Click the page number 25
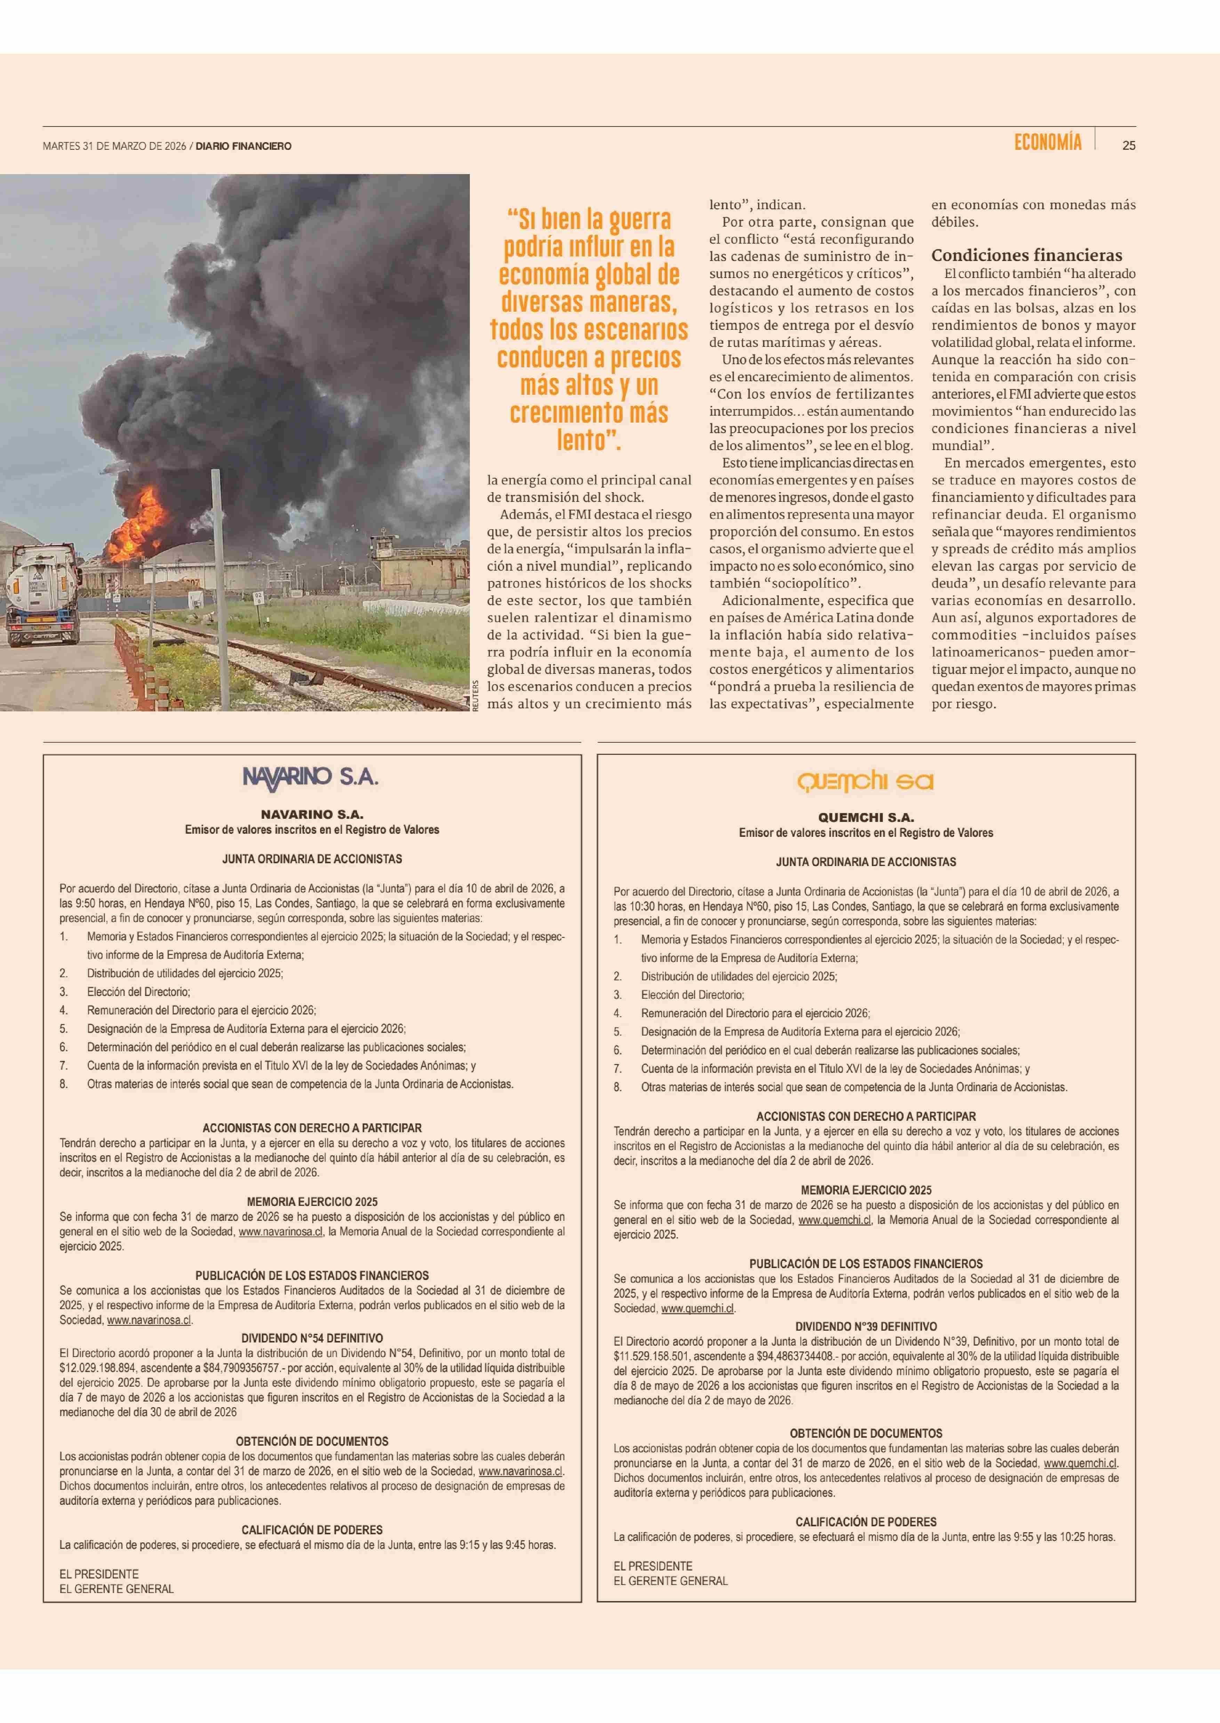click(x=1128, y=146)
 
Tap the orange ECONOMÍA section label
click(x=1048, y=142)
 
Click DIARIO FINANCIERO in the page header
click(x=243, y=146)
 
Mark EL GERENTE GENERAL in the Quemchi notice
click(x=671, y=1581)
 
